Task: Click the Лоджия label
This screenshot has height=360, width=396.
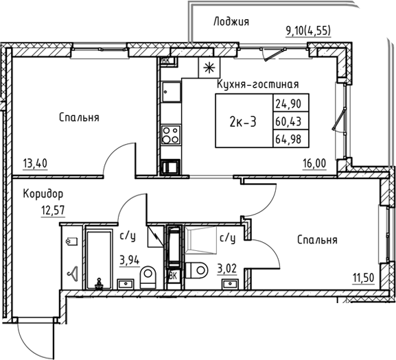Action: pyautogui.click(x=231, y=21)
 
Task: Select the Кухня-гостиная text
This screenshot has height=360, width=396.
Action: pyautogui.click(x=257, y=84)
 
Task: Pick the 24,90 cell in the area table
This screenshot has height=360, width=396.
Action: pyautogui.click(x=288, y=105)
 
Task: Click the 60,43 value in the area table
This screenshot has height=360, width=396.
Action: pyautogui.click(x=288, y=122)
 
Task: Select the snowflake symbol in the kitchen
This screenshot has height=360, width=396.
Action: pyautogui.click(x=207, y=67)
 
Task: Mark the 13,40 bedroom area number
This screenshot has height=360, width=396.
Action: pyautogui.click(x=35, y=165)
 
